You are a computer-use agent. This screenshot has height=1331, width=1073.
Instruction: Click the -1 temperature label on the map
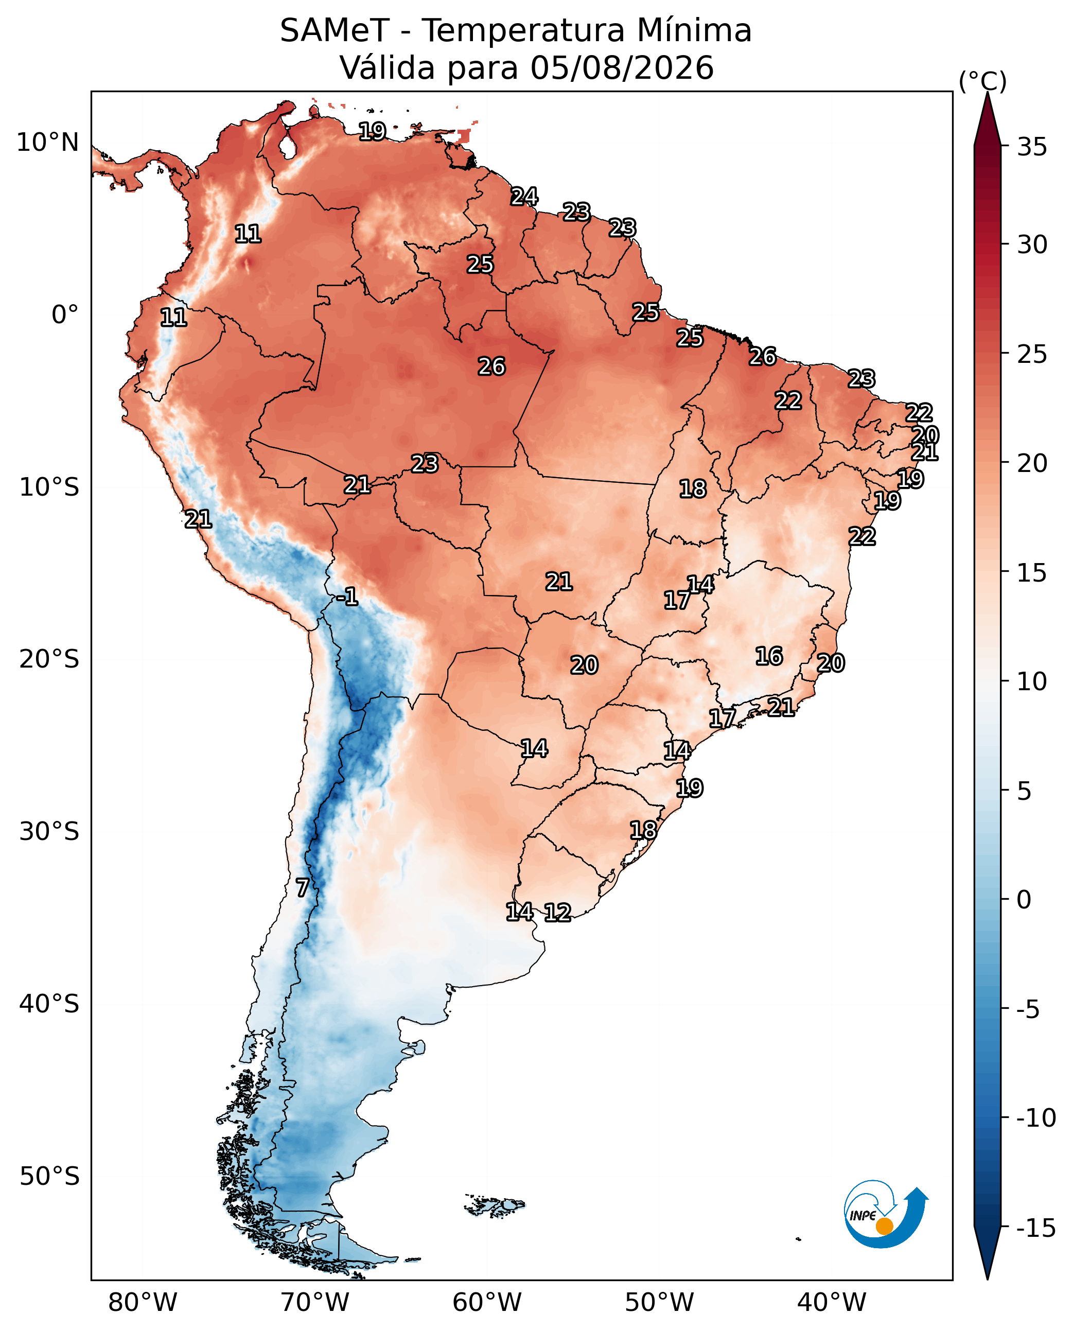(x=347, y=597)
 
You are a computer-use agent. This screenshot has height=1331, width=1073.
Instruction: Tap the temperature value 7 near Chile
(x=302, y=888)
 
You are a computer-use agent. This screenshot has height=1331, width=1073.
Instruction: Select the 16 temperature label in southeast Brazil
(x=769, y=656)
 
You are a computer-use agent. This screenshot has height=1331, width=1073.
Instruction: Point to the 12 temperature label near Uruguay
(x=557, y=913)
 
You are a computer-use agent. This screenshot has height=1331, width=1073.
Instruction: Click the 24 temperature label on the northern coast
(x=524, y=197)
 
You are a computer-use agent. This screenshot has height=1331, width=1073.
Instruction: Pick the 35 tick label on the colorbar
(x=1032, y=147)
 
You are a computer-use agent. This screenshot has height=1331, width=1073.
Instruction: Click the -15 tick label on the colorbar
(x=1036, y=1228)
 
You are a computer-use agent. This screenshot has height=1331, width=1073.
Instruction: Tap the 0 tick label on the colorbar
(x=1024, y=900)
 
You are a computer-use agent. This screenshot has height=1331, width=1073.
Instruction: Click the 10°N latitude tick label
(x=47, y=143)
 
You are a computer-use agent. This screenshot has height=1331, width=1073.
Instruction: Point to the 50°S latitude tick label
(x=49, y=1177)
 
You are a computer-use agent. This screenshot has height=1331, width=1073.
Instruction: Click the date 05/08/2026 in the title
(x=622, y=67)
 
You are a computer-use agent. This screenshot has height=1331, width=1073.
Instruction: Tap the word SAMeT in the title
(x=335, y=30)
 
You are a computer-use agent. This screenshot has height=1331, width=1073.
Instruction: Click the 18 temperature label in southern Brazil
(x=643, y=830)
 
